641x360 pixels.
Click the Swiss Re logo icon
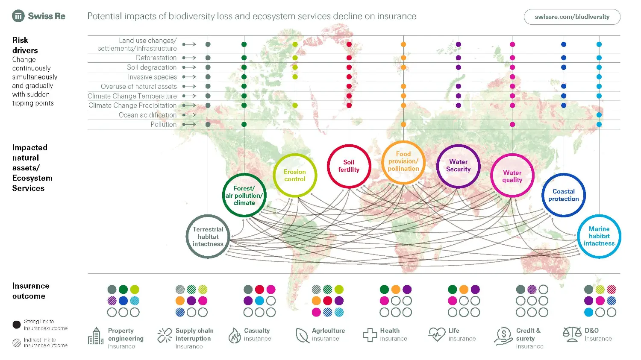(18, 16)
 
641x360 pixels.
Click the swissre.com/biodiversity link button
(572, 17)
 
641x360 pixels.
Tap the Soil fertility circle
(349, 166)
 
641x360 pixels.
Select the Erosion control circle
(295, 175)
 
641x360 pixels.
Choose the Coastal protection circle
(563, 195)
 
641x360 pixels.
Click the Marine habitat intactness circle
(599, 236)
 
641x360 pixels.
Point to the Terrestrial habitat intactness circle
(208, 237)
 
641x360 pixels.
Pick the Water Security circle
(458, 166)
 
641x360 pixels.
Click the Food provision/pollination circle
(403, 162)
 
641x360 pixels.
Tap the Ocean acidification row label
(147, 115)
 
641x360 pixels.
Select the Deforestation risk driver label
(156, 58)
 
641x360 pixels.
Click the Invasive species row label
(152, 77)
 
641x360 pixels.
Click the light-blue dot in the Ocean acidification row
(599, 115)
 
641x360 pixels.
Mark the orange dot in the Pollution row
(403, 124)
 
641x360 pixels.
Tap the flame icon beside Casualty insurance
(234, 335)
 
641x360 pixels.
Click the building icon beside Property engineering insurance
(96, 336)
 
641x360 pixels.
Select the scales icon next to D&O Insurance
(572, 334)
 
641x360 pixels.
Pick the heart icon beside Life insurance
(437, 334)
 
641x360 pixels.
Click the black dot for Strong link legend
(17, 325)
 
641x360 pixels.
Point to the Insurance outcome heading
(31, 291)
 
